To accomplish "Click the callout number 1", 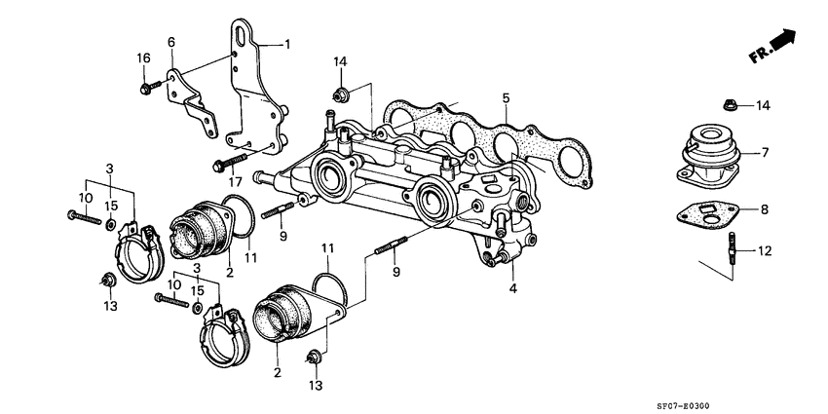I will click(x=287, y=44).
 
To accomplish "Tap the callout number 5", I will click(x=506, y=97).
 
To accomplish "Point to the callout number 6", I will click(x=171, y=42).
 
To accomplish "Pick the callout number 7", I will click(x=765, y=152).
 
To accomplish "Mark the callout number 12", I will click(x=765, y=251).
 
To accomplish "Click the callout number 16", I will click(x=143, y=58).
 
